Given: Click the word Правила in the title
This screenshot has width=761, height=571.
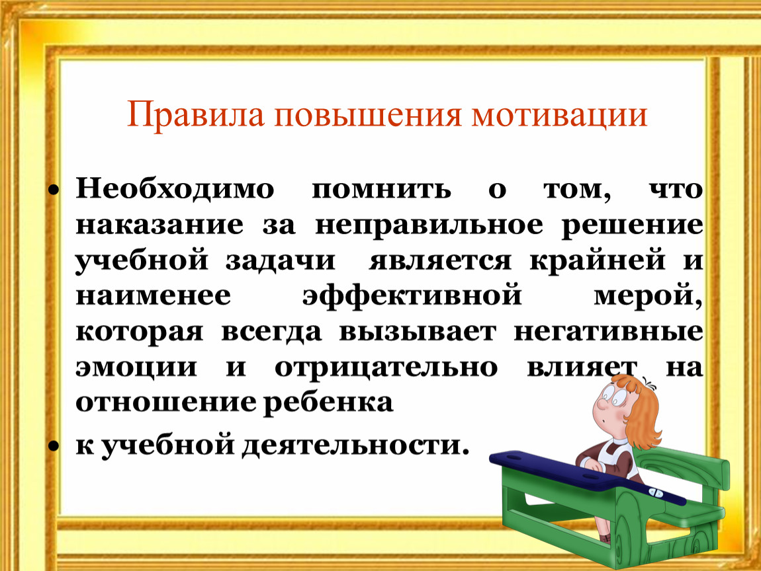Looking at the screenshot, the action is click(x=196, y=115).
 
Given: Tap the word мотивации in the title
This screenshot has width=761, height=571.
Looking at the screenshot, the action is click(x=560, y=115).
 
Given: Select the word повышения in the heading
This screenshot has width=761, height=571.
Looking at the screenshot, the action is click(x=368, y=115).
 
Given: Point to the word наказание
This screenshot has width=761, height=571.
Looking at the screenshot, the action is click(x=159, y=225).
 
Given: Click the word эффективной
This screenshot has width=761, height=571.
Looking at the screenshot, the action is click(x=412, y=295).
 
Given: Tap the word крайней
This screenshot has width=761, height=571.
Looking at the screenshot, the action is click(x=598, y=261).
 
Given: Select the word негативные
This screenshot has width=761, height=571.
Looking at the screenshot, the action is click(x=609, y=332).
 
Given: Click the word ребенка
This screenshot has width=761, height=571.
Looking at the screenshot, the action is click(x=328, y=402).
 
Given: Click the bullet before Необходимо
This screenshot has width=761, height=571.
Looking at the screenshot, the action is click(x=54, y=190).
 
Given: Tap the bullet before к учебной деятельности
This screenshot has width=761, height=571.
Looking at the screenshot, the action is click(x=54, y=447).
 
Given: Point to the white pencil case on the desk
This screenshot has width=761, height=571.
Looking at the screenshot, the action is click(x=655, y=492).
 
